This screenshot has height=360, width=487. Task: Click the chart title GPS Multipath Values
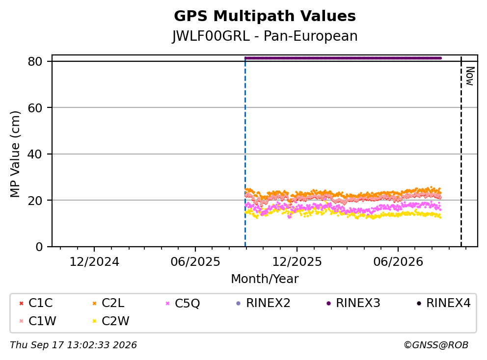(265, 16)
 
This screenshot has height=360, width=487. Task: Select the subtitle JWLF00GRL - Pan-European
(265, 36)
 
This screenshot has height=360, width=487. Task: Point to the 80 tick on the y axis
(35, 61)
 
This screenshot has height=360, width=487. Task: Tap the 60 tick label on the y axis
(35, 108)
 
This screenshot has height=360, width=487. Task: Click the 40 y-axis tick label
(35, 154)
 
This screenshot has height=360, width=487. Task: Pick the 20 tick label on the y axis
(35, 201)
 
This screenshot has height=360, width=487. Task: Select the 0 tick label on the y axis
(39, 247)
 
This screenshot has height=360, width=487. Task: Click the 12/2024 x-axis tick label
(94, 262)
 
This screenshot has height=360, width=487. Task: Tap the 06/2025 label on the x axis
(195, 262)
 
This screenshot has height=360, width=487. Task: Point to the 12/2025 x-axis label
(297, 262)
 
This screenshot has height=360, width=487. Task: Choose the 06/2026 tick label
(398, 262)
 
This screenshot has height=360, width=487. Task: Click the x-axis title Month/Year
(265, 279)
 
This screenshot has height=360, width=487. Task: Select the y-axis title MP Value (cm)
(15, 154)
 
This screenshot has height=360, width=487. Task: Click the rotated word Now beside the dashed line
(470, 76)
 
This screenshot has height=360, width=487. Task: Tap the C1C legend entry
(36, 303)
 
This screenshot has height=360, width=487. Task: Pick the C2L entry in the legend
(108, 303)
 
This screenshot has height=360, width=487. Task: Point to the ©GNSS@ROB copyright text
(436, 345)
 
